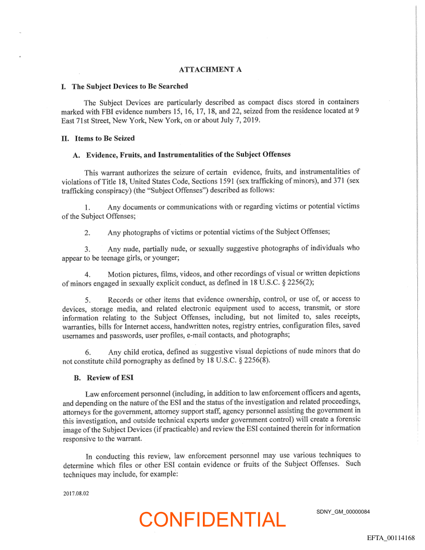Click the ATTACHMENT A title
tap(210, 69)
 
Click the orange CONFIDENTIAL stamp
tap(212, 519)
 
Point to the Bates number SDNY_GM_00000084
tap(343, 511)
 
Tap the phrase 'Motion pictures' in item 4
tap(132, 274)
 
